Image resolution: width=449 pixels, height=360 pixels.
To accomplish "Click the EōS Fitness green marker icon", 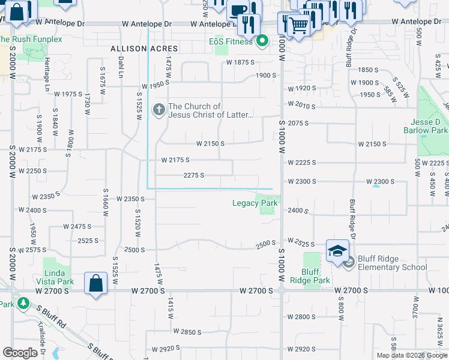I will [262, 41].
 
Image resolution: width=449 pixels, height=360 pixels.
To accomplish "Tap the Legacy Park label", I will [255, 203].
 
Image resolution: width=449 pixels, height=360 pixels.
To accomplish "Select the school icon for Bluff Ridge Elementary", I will [337, 251].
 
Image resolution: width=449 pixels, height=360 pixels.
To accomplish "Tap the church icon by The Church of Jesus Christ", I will [159, 109].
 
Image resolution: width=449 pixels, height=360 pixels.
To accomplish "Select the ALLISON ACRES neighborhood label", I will [144, 48].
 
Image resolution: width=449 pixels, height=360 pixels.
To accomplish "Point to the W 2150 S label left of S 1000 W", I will [210, 144].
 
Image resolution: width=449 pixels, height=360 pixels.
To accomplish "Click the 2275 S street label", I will [194, 175].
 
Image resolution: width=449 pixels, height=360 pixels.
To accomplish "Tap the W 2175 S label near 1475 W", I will [175, 160].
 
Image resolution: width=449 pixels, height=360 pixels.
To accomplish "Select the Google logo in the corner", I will [20, 352].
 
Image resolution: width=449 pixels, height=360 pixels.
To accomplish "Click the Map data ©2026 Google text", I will [412, 355].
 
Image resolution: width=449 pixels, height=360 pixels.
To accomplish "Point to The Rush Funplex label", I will [30, 39].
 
